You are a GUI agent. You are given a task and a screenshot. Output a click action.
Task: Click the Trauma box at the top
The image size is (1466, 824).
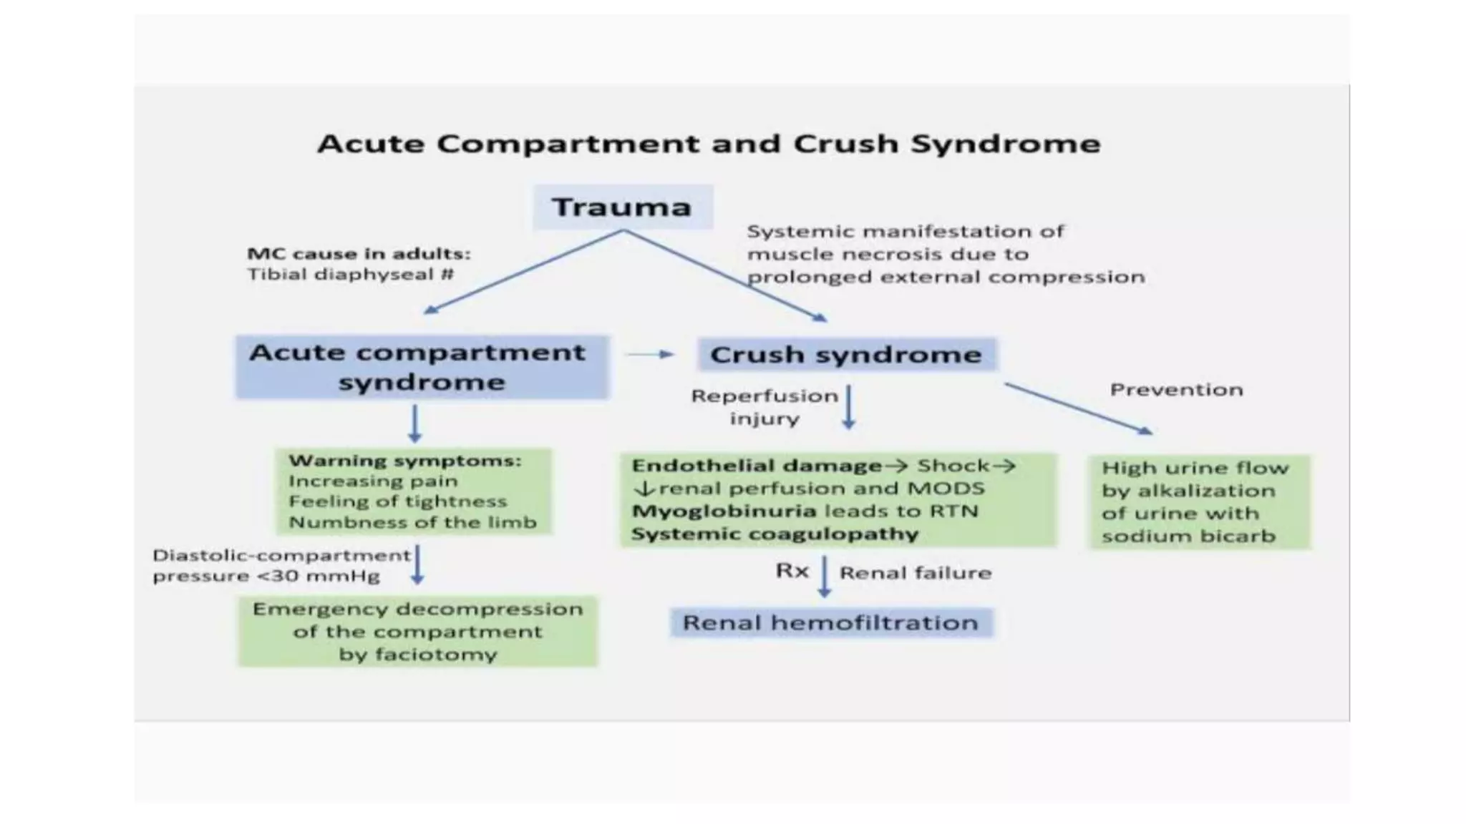[622, 207]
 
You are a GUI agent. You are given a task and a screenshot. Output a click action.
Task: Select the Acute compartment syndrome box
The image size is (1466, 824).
[422, 367]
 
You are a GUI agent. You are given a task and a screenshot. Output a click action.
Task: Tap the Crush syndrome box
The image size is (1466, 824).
[846, 355]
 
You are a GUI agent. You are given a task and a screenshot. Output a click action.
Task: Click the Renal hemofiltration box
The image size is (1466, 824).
[830, 622]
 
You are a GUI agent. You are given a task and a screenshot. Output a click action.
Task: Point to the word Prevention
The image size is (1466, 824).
[1176, 390]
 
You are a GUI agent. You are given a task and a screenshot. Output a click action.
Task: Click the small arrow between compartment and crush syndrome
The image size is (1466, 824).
[650, 354]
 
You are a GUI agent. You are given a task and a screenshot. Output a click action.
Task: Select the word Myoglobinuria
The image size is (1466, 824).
[724, 511]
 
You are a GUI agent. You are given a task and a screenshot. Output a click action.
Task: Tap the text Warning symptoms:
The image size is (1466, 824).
[404, 461]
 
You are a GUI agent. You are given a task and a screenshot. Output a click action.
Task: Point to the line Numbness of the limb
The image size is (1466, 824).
[412, 522]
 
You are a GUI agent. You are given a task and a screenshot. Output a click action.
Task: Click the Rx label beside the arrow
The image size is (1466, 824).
[792, 571]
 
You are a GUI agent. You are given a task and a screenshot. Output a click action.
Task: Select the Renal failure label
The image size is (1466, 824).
[916, 573]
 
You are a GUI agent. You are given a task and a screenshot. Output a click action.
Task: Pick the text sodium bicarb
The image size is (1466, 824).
[1188, 536]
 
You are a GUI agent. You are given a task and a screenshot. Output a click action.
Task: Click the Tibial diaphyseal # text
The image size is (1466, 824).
[350, 275]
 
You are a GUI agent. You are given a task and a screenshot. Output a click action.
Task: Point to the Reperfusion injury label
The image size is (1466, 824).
[764, 407]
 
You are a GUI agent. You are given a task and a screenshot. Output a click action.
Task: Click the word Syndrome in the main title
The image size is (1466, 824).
[1005, 144]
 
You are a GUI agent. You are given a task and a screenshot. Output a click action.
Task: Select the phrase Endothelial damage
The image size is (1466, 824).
[757, 466]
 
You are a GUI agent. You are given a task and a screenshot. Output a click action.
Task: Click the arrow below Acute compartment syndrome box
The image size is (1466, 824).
[414, 423]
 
